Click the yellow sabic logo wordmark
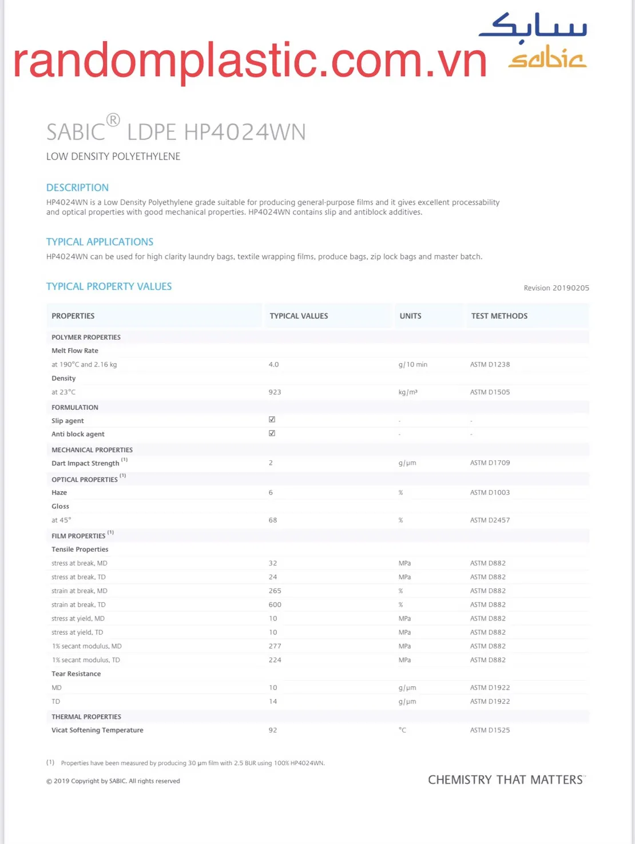[x=547, y=58]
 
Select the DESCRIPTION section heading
[x=77, y=188]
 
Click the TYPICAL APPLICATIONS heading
[x=100, y=242]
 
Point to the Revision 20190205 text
[x=556, y=288]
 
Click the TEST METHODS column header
[x=499, y=316]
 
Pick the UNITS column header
[x=410, y=316]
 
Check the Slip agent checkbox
[x=272, y=420]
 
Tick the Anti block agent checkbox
[x=272, y=433]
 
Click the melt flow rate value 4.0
[x=273, y=365]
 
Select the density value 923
[x=275, y=392]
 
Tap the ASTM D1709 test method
[x=490, y=463]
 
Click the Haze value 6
[x=271, y=493]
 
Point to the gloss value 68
[x=273, y=520]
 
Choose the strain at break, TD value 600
[x=275, y=605]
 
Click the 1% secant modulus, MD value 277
[x=275, y=646]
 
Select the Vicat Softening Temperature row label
[x=97, y=730]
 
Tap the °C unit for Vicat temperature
[x=402, y=730]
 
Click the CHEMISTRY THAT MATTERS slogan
[x=506, y=780]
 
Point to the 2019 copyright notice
[x=113, y=781]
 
